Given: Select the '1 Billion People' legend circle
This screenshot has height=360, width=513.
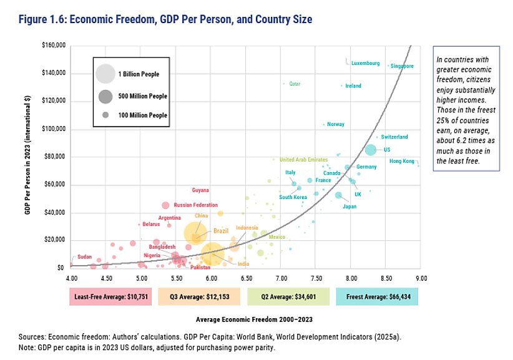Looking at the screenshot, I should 105,74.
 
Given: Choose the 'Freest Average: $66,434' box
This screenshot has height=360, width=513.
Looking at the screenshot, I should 376,298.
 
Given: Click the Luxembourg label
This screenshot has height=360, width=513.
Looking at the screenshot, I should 365,64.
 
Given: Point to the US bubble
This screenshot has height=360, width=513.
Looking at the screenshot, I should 370,150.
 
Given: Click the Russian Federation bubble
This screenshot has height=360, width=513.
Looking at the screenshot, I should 165,205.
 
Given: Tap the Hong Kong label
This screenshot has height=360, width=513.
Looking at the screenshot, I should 401,161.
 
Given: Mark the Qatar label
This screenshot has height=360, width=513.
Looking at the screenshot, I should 295,84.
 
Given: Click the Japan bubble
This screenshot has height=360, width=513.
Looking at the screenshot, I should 339,195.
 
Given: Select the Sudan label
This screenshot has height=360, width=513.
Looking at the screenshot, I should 84,257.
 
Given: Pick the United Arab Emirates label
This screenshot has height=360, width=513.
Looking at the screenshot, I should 303,160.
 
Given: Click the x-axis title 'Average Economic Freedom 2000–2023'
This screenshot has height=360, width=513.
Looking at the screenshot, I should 245,319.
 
